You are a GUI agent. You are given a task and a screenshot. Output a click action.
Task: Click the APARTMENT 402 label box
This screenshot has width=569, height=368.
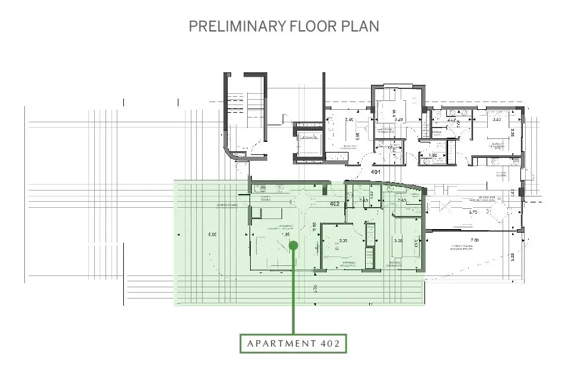coord(293,343)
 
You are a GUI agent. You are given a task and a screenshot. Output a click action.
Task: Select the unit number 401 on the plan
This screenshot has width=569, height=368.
coord(375,172)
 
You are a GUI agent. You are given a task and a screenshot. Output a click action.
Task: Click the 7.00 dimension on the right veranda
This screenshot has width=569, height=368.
coord(474,240)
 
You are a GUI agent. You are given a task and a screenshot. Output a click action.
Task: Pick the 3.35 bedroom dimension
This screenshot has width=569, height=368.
coord(343,240)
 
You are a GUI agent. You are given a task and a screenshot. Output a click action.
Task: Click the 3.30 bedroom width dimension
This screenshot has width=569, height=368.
coord(398,240)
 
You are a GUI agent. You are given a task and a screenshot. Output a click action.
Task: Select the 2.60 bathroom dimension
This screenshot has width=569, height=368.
coord(401,201)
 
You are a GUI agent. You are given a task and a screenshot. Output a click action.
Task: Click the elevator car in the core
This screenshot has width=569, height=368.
coord(309,143)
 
